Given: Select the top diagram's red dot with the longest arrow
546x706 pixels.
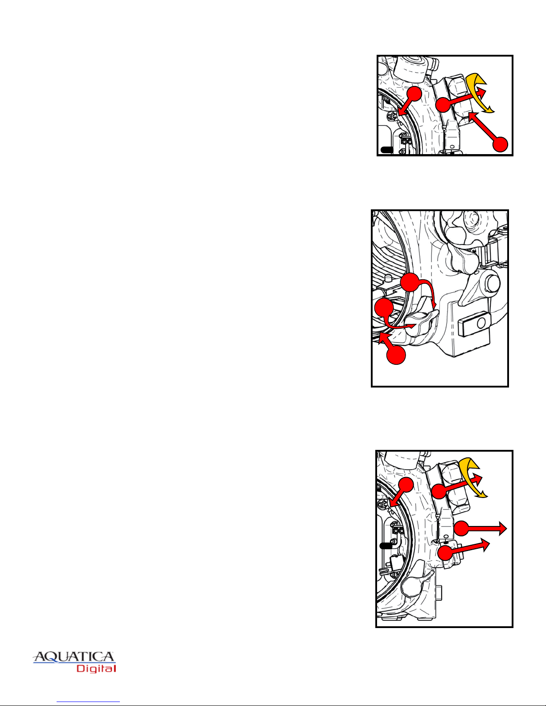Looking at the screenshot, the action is [x=500, y=144].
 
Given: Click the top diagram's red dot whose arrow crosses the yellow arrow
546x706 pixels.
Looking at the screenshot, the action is [x=443, y=105].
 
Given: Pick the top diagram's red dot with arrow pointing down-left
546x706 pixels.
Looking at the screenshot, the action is [x=415, y=94].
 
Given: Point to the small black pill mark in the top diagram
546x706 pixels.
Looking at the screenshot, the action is [x=387, y=150].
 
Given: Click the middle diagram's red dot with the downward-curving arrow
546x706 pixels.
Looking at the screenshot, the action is [x=410, y=282].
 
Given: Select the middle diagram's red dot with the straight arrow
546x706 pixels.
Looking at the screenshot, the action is [x=396, y=355].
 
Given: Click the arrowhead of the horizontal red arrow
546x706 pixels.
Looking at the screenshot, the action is [x=502, y=529].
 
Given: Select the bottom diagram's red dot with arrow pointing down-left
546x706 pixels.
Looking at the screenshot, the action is [x=406, y=485].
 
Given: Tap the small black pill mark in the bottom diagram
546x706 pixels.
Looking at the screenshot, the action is [x=386, y=546].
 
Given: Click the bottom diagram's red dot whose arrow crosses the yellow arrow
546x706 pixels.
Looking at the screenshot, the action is [x=439, y=491].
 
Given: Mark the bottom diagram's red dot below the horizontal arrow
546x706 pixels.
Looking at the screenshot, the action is [x=445, y=552].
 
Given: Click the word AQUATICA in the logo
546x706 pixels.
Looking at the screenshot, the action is [x=74, y=657].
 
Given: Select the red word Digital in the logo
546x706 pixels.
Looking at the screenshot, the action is [x=96, y=669].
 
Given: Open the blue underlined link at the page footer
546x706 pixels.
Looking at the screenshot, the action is [x=88, y=701].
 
